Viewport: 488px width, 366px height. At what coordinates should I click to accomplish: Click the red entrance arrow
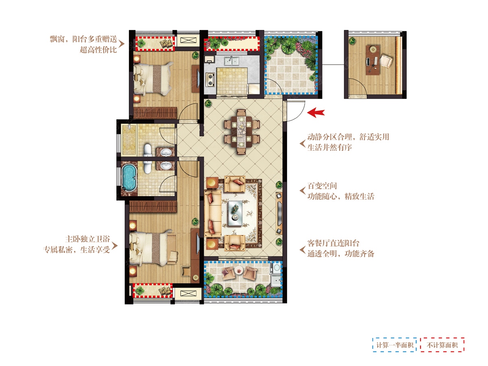tap(316, 113)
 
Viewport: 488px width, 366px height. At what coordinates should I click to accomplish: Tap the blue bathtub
tap(129, 178)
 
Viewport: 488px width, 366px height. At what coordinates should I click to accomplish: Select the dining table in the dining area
tap(242, 132)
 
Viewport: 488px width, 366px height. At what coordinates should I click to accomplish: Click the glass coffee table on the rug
tap(235, 213)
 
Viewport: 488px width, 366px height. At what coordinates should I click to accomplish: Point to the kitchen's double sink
tap(232, 61)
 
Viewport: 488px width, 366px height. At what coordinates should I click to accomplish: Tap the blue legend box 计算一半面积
tap(394, 345)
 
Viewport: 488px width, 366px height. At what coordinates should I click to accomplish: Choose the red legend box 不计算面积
tap(442, 345)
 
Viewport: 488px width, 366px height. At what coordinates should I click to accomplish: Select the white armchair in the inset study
tap(386, 61)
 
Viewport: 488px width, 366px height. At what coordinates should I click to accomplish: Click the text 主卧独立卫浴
tap(87, 239)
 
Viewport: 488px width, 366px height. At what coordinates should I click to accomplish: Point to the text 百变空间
tap(322, 186)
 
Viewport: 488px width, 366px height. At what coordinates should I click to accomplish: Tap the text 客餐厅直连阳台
tap(333, 243)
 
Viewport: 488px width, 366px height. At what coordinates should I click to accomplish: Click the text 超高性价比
tap(98, 50)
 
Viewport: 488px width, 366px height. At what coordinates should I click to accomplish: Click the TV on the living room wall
tap(279, 213)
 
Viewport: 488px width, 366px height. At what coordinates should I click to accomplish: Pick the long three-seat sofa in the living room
tap(213, 213)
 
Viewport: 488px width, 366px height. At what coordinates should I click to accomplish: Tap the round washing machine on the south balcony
tap(277, 268)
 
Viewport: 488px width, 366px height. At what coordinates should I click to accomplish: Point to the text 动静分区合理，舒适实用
tap(348, 137)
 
